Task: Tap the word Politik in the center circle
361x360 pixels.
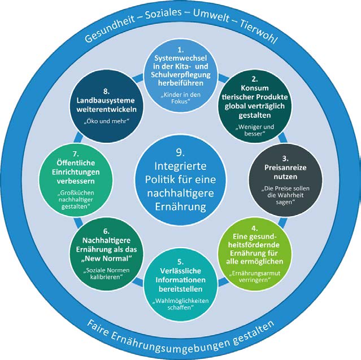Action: tap(167, 181)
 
